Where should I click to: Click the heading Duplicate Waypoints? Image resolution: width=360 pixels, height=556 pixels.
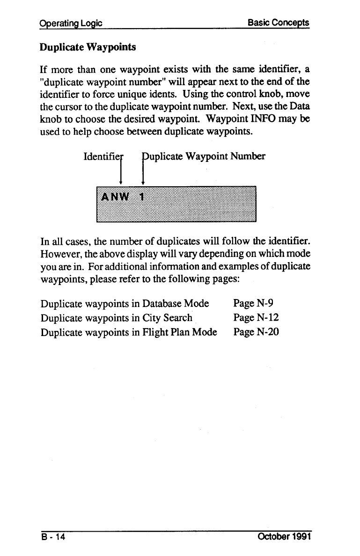(87, 48)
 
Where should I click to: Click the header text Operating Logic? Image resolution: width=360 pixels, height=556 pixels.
(71, 23)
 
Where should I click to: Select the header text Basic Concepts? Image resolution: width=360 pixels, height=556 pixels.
(279, 23)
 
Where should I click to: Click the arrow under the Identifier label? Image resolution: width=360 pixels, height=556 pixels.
(121, 171)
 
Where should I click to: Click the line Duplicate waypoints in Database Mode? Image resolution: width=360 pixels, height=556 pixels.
(125, 304)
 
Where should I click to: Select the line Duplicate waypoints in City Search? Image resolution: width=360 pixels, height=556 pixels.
(117, 318)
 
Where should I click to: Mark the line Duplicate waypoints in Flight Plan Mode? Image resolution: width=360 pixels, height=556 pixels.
(129, 333)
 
